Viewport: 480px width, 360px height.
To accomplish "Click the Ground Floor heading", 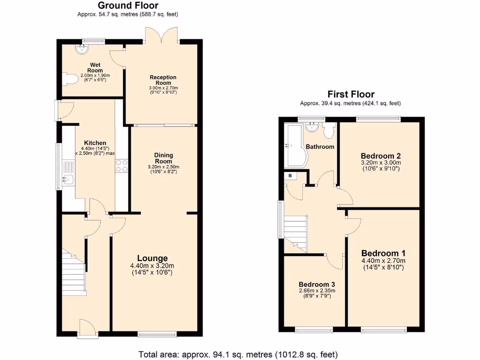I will [x=127, y=6].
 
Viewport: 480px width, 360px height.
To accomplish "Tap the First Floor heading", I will [x=351, y=94].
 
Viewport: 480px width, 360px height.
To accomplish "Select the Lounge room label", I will [x=152, y=258].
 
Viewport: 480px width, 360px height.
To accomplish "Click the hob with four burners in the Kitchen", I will [x=122, y=166].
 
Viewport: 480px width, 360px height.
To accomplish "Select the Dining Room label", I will [x=164, y=158].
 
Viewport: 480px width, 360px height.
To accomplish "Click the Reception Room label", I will [x=163, y=80].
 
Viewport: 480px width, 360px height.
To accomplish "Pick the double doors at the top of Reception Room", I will [x=162, y=35].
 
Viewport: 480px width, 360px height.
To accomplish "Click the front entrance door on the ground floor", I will [x=87, y=329].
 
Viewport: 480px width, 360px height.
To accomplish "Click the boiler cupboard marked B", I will [x=291, y=176].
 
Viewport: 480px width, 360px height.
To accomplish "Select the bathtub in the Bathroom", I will [x=295, y=146].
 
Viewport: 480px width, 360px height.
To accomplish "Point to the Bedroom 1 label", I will [x=383, y=254].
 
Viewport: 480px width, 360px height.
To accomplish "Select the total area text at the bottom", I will [x=244, y=353].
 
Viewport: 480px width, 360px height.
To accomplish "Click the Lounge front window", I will [x=157, y=334].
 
